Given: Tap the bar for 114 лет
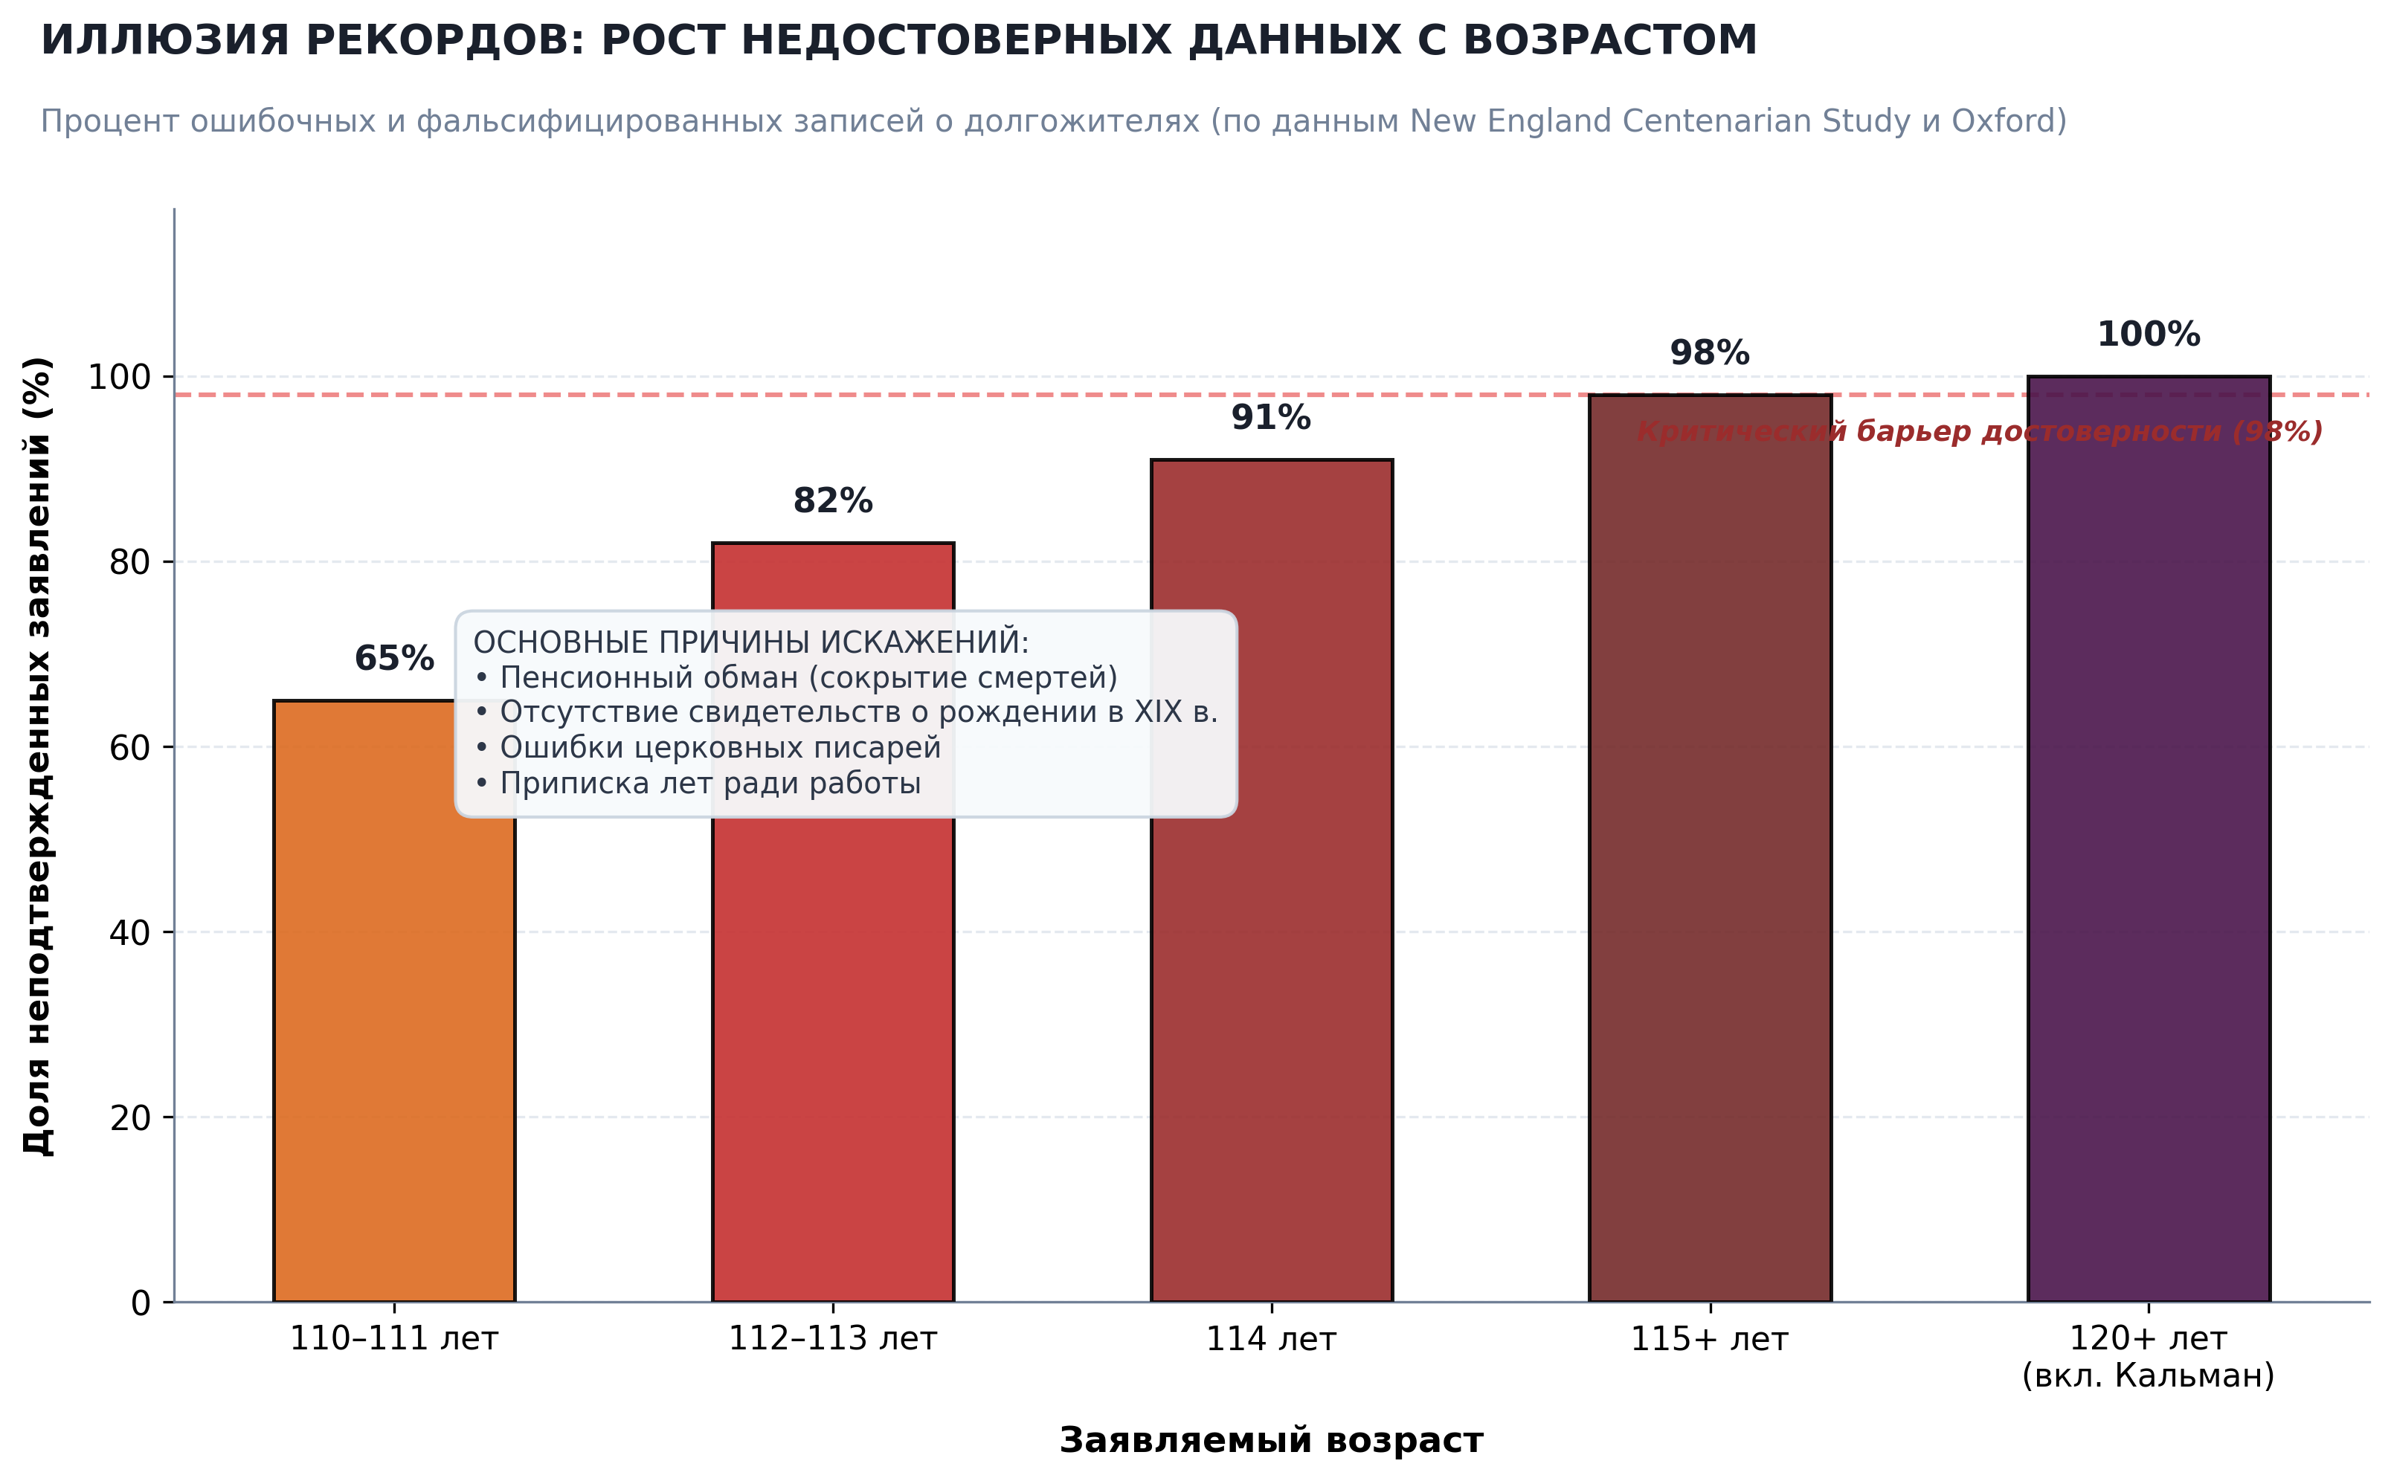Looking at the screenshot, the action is (x=1272, y=880).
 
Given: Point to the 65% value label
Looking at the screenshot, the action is (x=393, y=658).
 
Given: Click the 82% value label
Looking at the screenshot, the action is (x=833, y=500).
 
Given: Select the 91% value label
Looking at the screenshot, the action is (x=1272, y=417).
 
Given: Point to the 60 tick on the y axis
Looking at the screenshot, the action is (x=130, y=747).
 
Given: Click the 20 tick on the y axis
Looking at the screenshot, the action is (x=130, y=1117).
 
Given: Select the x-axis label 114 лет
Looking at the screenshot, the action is (x=1272, y=1339).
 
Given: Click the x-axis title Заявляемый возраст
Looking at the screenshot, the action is (x=1272, y=1440).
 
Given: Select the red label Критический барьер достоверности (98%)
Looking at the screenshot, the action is (x=1980, y=431).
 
